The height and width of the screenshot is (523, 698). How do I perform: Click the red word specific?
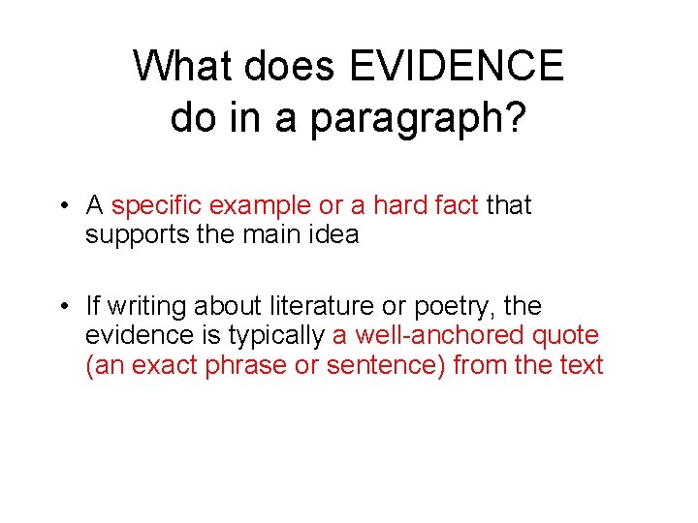coord(163,206)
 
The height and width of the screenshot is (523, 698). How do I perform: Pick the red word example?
coord(265,206)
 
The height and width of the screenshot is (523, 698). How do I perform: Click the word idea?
coord(333,234)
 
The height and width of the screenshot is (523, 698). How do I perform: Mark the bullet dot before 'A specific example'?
coord(60,206)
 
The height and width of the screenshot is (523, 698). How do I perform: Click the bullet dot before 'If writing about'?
coord(60,307)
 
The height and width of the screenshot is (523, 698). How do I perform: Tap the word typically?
coord(280,336)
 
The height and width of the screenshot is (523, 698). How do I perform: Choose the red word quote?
coord(566,337)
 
